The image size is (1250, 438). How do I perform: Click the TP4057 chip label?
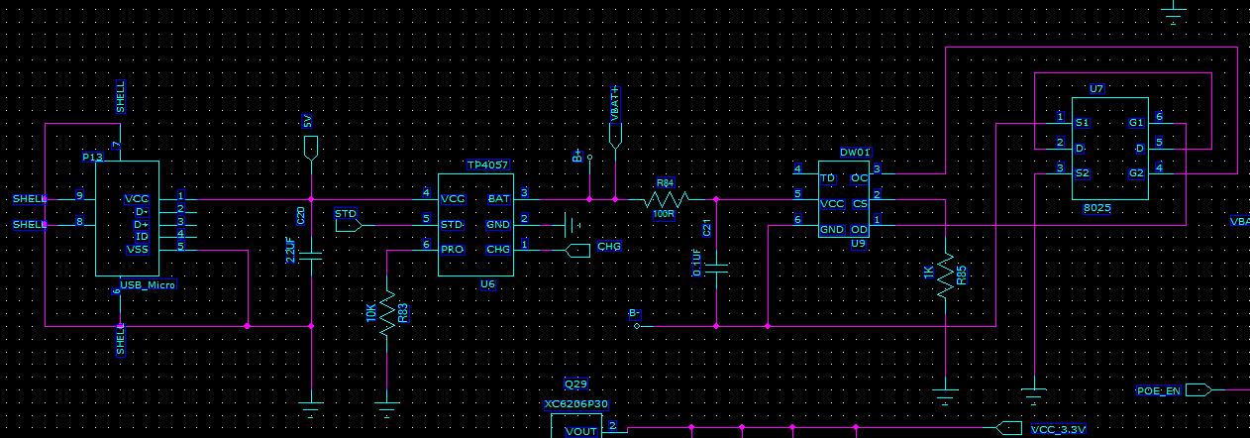[486, 164]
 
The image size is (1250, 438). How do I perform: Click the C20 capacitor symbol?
[312, 255]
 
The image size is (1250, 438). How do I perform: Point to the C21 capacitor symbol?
[716, 268]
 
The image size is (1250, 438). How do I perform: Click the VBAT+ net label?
[615, 103]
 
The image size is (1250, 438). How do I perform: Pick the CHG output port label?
[609, 246]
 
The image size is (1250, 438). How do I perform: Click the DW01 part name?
[855, 153]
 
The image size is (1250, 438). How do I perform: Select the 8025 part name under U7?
[1096, 208]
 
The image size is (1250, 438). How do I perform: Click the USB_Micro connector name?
[147, 285]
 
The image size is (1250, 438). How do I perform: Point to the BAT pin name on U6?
[498, 198]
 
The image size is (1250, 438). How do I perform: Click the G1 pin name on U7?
[1135, 123]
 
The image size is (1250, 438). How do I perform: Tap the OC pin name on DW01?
[858, 178]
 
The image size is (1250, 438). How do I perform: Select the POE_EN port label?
[1158, 390]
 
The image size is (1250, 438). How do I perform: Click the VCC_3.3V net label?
[1058, 429]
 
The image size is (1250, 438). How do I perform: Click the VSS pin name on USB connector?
[137, 250]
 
